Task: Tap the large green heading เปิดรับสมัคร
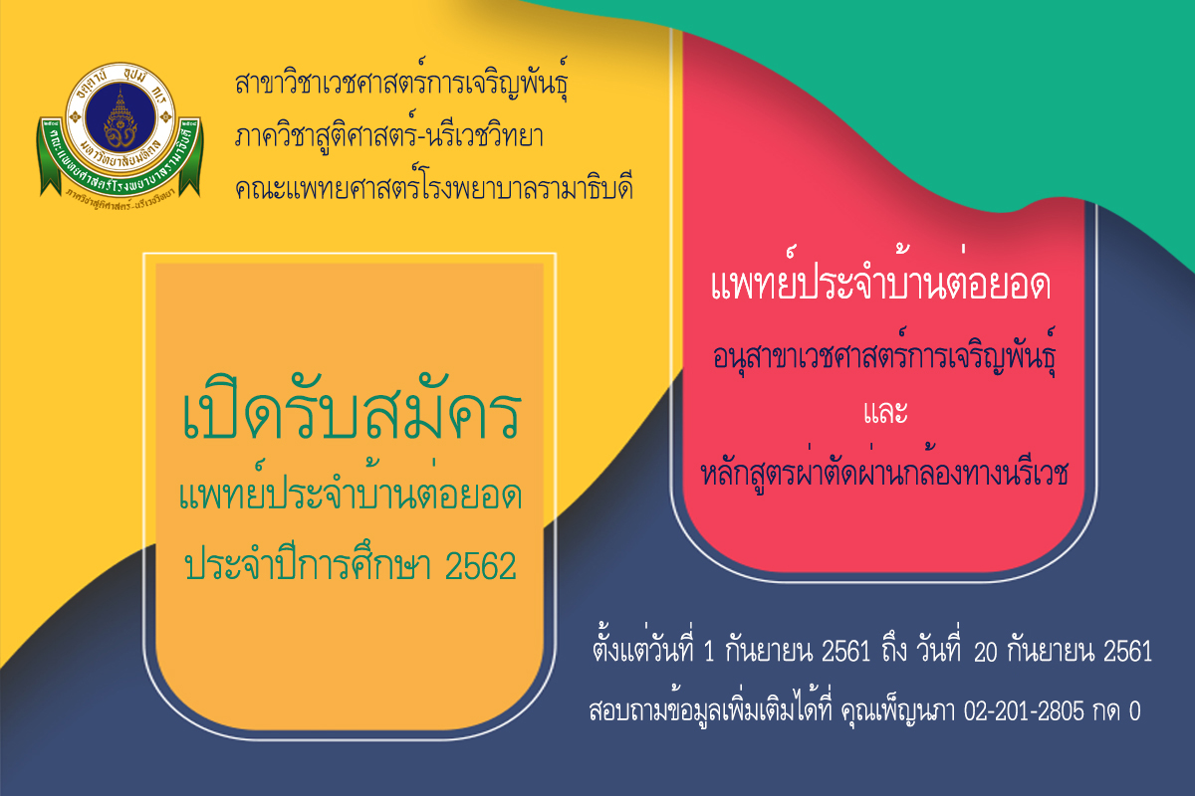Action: point(351,409)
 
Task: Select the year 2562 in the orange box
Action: point(480,566)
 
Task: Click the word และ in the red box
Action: point(885,412)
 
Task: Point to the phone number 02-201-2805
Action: point(1024,710)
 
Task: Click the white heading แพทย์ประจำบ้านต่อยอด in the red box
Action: point(880,277)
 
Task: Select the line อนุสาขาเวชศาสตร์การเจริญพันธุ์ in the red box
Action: point(884,352)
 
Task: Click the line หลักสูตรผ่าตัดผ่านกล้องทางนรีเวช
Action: point(884,470)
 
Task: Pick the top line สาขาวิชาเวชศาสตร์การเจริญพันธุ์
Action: point(401,82)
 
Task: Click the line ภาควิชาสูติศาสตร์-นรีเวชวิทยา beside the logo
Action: point(389,136)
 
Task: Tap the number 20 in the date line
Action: point(985,652)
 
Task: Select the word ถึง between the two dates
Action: point(894,651)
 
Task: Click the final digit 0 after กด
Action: point(1134,711)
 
